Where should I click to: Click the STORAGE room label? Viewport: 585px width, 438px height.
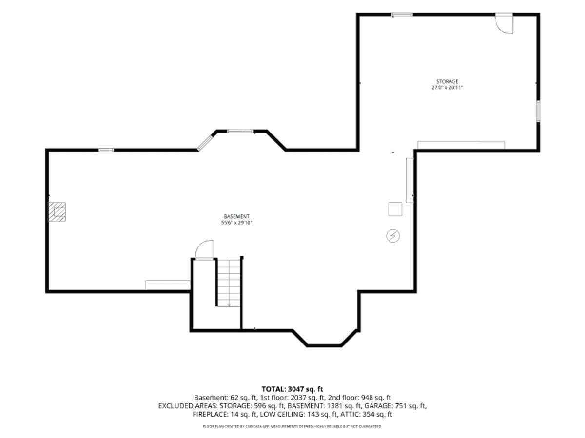(447, 81)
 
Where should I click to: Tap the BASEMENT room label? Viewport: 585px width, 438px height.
(236, 216)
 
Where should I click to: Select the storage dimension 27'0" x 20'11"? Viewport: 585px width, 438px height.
(447, 88)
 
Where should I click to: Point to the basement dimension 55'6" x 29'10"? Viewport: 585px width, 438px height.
(236, 223)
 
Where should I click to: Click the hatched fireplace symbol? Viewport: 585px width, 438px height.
(57, 212)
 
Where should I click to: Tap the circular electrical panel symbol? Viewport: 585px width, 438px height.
(393, 236)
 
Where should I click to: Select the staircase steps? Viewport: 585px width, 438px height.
(229, 283)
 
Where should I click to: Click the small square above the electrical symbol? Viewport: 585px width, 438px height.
(395, 209)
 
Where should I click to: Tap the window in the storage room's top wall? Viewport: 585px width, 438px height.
(402, 15)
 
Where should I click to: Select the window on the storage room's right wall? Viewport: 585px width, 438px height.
(538, 111)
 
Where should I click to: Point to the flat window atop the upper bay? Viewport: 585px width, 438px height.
(240, 131)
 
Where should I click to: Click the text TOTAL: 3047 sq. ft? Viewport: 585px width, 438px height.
(292, 389)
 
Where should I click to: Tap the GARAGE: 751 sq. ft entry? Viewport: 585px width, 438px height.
(395, 406)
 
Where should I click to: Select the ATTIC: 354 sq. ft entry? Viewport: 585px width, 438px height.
(367, 414)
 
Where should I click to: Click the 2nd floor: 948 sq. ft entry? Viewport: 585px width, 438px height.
(359, 398)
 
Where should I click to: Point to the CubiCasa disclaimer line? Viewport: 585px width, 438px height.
(292, 427)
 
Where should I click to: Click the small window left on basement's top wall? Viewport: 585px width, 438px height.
(106, 150)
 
